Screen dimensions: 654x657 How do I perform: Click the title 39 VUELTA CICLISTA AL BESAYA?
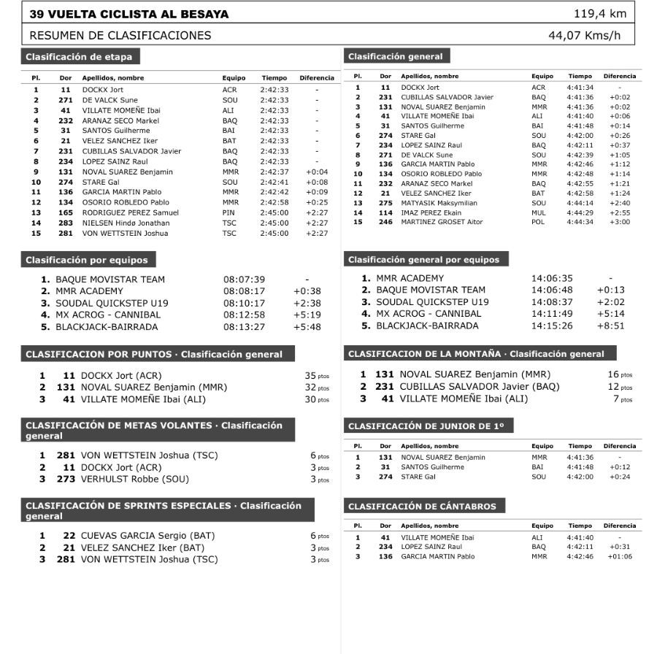pos(128,14)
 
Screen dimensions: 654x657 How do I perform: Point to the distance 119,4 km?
pos(599,14)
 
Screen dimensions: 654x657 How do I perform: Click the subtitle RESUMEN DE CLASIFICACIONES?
pos(120,35)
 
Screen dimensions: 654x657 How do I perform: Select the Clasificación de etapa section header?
pos(80,57)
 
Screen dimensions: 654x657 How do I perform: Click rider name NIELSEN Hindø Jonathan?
pos(126,223)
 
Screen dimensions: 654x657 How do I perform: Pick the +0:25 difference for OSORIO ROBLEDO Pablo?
pos(317,202)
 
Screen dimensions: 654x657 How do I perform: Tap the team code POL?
pos(538,222)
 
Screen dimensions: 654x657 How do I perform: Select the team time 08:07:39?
pos(244,280)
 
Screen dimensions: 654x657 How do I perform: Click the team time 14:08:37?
pos(552,302)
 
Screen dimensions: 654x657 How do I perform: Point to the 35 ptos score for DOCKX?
pos(316,376)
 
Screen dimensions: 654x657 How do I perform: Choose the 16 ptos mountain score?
pos(620,374)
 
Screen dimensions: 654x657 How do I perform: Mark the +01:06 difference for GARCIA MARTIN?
pos(619,556)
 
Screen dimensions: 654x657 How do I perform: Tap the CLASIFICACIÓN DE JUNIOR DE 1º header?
pos(430,426)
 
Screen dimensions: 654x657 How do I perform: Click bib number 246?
pos(385,222)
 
